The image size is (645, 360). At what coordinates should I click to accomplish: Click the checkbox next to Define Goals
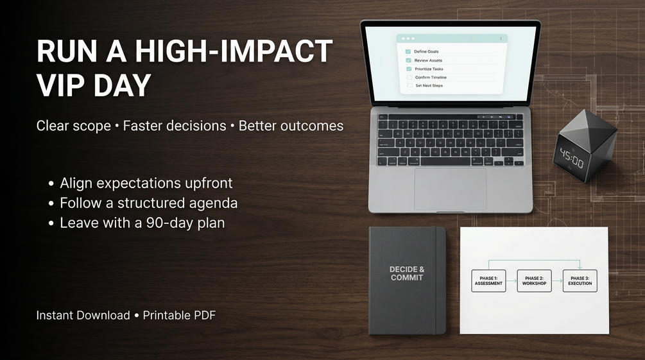click(x=408, y=51)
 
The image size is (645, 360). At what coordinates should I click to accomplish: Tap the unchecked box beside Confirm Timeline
click(x=409, y=78)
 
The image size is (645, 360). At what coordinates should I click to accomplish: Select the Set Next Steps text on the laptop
click(x=429, y=85)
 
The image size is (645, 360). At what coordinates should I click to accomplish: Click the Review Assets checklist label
click(x=428, y=60)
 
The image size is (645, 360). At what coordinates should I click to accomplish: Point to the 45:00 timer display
click(x=572, y=159)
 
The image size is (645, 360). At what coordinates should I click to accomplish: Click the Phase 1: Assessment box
click(x=488, y=281)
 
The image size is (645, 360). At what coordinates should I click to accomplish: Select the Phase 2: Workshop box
click(x=534, y=281)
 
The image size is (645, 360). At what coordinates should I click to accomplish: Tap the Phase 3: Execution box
click(x=580, y=281)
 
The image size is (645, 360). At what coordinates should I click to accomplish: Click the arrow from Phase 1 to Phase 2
click(x=512, y=281)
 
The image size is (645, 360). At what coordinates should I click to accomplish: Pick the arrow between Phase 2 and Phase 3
click(x=557, y=281)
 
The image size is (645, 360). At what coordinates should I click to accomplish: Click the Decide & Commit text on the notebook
click(x=407, y=273)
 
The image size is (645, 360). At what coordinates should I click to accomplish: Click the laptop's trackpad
click(x=450, y=189)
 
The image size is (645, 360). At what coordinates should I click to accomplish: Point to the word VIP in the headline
click(x=62, y=85)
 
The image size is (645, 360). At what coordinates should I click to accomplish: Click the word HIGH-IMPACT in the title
click(x=234, y=51)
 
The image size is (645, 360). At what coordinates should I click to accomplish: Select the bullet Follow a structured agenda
click(x=148, y=203)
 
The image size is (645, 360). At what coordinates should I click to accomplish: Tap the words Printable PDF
click(x=179, y=315)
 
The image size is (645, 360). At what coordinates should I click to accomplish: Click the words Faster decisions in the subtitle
click(x=175, y=126)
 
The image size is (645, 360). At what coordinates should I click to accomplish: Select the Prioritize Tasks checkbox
click(x=409, y=69)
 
